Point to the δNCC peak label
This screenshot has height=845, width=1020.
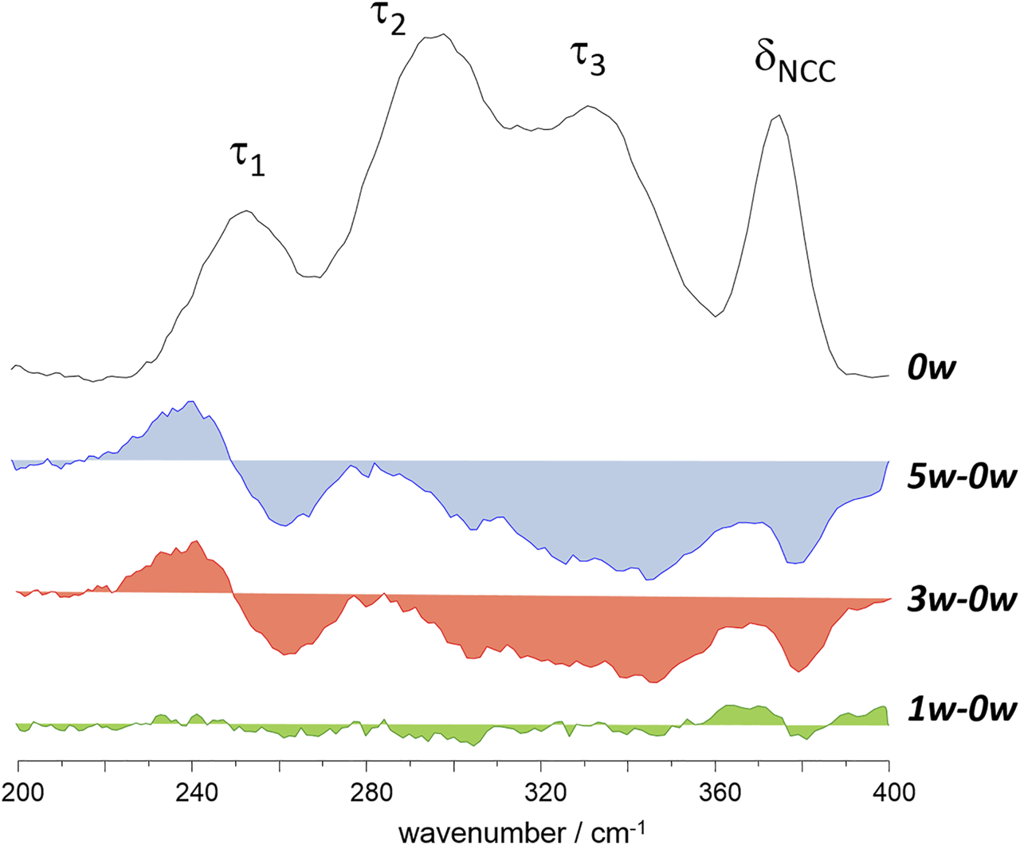tap(794, 65)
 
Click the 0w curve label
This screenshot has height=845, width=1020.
tap(931, 368)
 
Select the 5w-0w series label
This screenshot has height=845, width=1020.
tap(962, 478)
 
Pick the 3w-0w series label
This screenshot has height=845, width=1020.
tap(962, 599)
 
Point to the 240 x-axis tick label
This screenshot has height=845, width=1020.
tap(192, 794)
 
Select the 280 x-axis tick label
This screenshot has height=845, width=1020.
tap(367, 794)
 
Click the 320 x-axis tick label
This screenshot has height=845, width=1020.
tap(541, 794)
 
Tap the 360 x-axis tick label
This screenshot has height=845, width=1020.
tap(715, 794)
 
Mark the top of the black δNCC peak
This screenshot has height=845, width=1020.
tap(779, 115)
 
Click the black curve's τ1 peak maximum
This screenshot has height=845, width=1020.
tap(248, 211)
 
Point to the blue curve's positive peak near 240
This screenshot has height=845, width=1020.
tap(192, 402)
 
